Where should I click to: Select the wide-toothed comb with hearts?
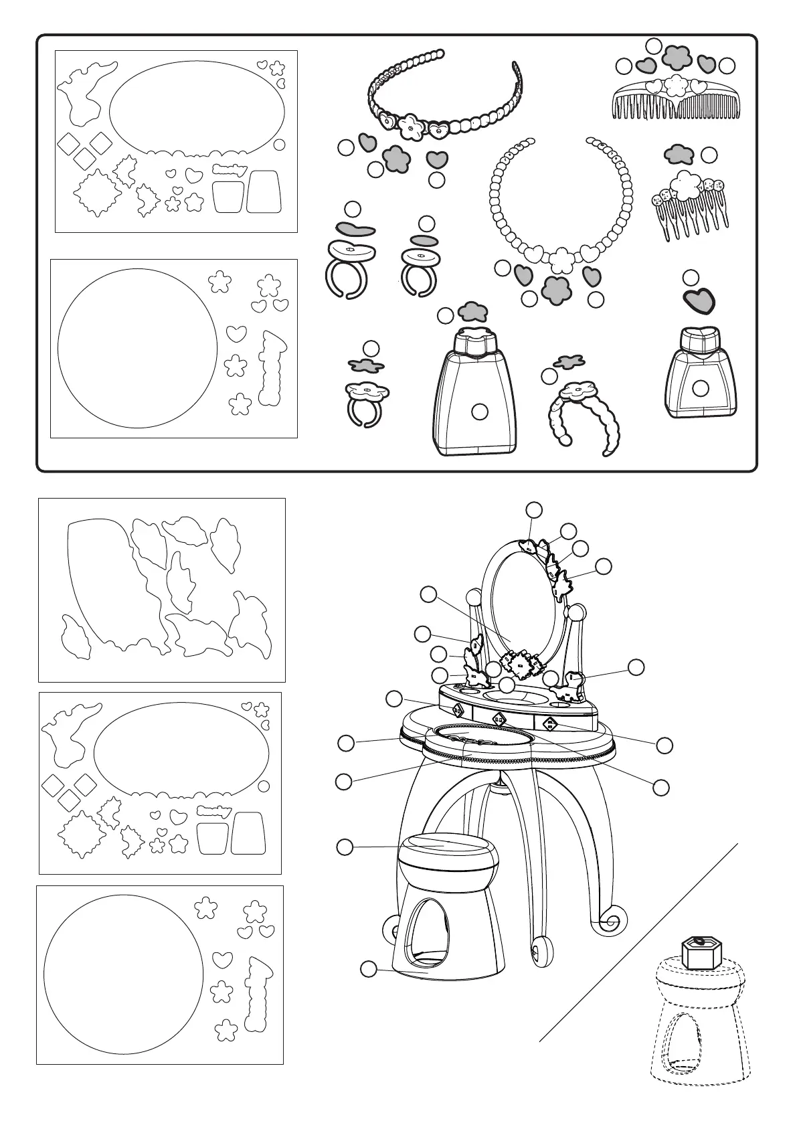coord(676,100)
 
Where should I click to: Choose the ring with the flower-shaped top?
coord(365,396)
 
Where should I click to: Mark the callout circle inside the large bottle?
coord(479,412)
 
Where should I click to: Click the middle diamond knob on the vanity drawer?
coord(499,719)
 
